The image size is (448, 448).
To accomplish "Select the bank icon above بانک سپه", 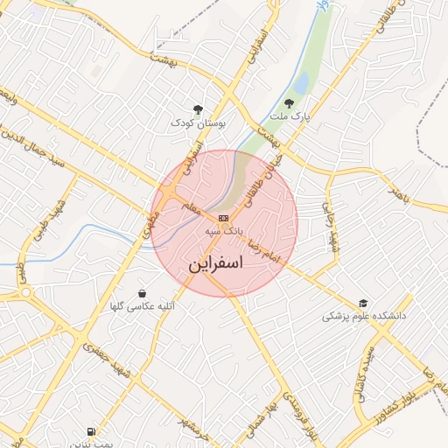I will click(224, 217).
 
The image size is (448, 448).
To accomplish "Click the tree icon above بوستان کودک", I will click(198, 109).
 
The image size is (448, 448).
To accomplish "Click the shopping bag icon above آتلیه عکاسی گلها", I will click(142, 292).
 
